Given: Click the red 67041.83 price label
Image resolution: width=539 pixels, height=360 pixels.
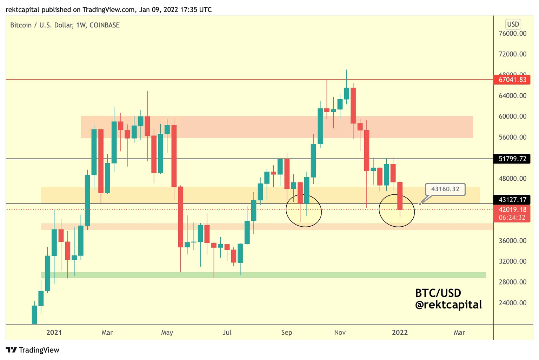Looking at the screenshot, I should (512, 80).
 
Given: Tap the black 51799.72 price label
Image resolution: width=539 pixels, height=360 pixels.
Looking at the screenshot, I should (512, 159).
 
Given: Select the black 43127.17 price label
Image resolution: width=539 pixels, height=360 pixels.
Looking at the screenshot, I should (512, 200).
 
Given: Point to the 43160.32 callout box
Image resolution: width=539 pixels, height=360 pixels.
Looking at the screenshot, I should (445, 189).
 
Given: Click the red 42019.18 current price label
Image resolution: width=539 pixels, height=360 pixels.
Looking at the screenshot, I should (512, 209).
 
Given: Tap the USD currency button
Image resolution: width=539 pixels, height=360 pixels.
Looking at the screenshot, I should (513, 24).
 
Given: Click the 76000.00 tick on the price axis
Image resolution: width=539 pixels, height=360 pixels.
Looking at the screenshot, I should (512, 34).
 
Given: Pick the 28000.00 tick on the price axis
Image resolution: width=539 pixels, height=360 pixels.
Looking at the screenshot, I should (512, 282).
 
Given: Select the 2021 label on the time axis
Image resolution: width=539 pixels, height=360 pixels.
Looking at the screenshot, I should (54, 332).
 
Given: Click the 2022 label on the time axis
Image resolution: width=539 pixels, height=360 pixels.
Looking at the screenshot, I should (400, 332).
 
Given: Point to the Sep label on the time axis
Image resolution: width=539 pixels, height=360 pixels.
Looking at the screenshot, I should (287, 332).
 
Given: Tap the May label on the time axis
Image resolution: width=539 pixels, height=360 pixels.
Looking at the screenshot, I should (167, 332).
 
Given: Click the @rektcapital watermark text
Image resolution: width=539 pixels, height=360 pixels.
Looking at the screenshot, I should (448, 305).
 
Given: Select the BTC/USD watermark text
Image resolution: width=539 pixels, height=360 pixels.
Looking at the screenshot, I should (438, 293).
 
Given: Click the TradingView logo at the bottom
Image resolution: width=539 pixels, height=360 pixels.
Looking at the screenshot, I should (33, 350).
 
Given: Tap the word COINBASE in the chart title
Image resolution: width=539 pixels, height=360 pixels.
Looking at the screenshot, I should (105, 25).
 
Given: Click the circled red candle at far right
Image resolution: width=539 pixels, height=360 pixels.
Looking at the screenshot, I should (400, 196).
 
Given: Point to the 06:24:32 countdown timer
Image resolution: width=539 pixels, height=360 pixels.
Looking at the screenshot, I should (512, 218).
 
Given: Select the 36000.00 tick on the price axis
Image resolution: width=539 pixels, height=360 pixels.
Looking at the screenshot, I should (512, 241).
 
